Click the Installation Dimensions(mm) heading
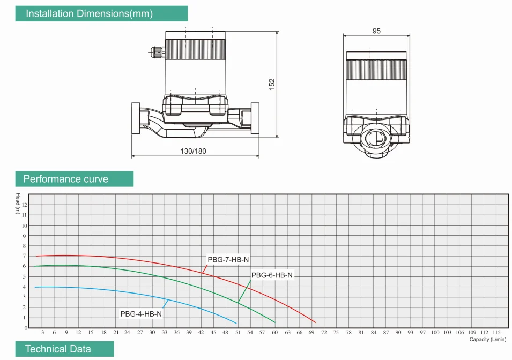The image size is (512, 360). (x=89, y=14)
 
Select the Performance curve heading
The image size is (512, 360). (x=65, y=179)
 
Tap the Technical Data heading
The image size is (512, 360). (x=58, y=349)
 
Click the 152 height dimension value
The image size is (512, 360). (x=272, y=84)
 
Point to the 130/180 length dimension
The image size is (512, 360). (x=193, y=151)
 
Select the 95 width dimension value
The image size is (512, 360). (x=376, y=31)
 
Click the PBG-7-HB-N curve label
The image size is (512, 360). (x=228, y=260)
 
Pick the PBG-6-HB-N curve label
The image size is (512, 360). (x=272, y=275)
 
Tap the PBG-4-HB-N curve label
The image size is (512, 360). (x=141, y=314)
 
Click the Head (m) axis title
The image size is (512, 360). (x=18, y=203)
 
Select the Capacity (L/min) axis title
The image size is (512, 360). (x=487, y=339)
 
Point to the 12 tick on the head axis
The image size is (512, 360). (x=24, y=205)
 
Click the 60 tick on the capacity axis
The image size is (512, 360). (x=274, y=333)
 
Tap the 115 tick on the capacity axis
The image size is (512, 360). (x=497, y=333)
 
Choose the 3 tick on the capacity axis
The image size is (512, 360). (x=42, y=333)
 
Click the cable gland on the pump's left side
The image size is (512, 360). (x=156, y=52)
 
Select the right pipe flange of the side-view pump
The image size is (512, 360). (x=255, y=118)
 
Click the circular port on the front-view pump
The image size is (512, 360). (x=377, y=137)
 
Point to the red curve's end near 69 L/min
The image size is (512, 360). (x=315, y=322)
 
